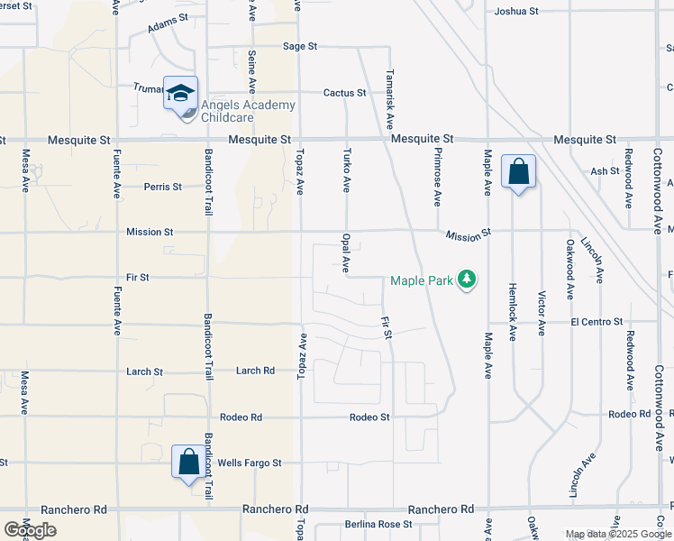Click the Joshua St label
coord(516,12)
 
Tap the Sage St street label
coord(300,46)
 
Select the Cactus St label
coord(345,93)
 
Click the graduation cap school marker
coord(180,93)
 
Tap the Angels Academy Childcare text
coord(248,112)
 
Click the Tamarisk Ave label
coord(390,99)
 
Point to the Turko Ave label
coord(346,170)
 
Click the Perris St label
coord(163,188)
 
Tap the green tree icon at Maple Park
coord(467,280)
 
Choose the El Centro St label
coord(597,322)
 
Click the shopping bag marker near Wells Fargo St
coord(189,463)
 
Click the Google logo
coord(30,529)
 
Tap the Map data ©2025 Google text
coord(618,534)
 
